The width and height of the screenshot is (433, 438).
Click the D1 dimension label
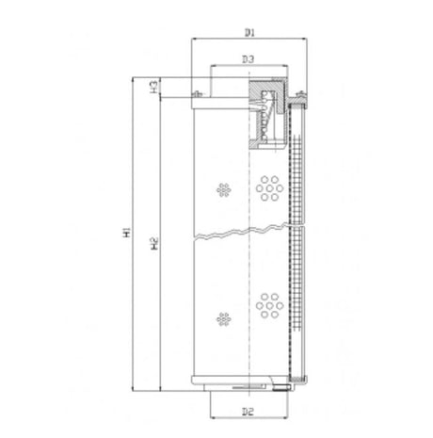pyautogui.click(x=249, y=33)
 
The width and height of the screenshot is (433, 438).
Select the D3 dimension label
pyautogui.click(x=249, y=60)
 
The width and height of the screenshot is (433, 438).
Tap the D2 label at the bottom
pyautogui.click(x=249, y=411)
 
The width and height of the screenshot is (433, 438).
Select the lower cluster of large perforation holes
pyautogui.click(x=270, y=305)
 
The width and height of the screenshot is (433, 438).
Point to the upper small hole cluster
pyautogui.click(x=223, y=189)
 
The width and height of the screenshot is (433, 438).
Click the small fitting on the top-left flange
pyautogui.click(x=199, y=94)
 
